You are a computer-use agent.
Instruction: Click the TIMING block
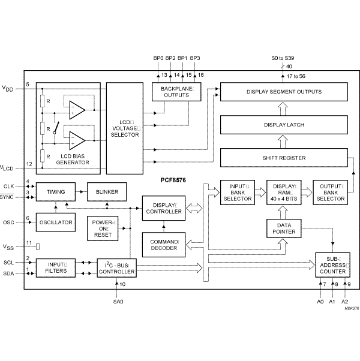tap(56, 192)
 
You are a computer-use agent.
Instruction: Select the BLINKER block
tap(107, 192)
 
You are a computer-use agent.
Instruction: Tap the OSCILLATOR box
tap(56, 222)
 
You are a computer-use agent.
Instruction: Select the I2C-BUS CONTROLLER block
tap(117, 267)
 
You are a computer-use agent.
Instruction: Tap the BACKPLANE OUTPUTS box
tap(170, 91)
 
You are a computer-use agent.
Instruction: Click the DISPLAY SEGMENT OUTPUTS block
tap(284, 92)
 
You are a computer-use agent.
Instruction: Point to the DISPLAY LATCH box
tap(284, 125)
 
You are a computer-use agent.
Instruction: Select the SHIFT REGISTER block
tap(284, 158)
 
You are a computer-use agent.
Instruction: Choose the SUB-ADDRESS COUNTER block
tap(333, 264)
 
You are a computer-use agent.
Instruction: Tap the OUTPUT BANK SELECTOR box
tap(329, 191)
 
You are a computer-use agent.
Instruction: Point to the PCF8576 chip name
tap(171, 178)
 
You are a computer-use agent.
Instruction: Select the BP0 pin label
tap(158, 58)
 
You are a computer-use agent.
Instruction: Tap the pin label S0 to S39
tap(282, 58)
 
